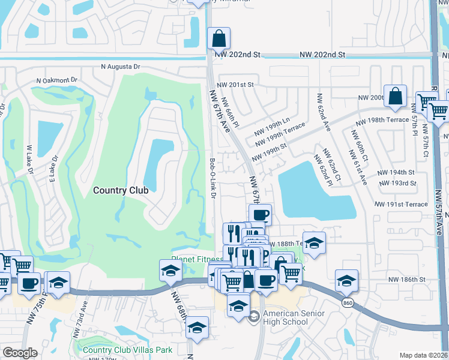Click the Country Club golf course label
pos(120,190)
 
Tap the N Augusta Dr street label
pos(120,67)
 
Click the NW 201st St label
pos(236,85)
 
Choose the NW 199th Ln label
pos(273,122)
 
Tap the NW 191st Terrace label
pos(401,204)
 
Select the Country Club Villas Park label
pos(128,350)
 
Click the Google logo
pos(20,353)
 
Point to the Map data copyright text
pos(423,355)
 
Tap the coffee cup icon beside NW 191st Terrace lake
pos(260,215)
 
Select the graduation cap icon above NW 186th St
pos(346,280)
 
